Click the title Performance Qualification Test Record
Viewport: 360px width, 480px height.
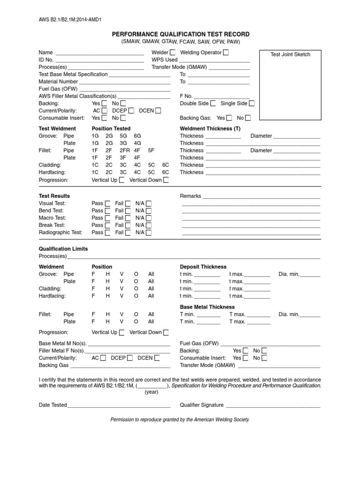coord(180,34)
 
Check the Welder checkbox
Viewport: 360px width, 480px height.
coord(173,52)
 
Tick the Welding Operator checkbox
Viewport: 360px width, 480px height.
coord(226,52)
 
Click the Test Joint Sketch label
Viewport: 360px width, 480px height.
coord(290,54)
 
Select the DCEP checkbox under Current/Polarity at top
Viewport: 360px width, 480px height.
coord(131,111)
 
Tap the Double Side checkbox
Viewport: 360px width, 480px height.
coord(213,103)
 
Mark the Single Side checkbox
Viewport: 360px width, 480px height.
coord(252,103)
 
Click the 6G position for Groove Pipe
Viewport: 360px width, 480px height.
coord(137,136)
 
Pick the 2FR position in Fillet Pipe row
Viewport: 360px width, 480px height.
coord(125,150)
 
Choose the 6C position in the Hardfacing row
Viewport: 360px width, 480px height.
coord(165,172)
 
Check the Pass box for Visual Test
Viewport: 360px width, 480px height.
coord(107,203)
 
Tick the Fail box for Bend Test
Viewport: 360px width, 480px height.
coord(128,210)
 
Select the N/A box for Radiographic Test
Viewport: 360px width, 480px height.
coord(149,232)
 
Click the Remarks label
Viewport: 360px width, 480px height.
coord(190,196)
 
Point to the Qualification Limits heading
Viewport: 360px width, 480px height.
coord(63,249)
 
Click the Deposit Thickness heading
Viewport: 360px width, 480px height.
coord(203,267)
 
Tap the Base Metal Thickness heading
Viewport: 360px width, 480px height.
coord(208,307)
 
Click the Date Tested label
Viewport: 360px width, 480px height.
coord(52,405)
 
